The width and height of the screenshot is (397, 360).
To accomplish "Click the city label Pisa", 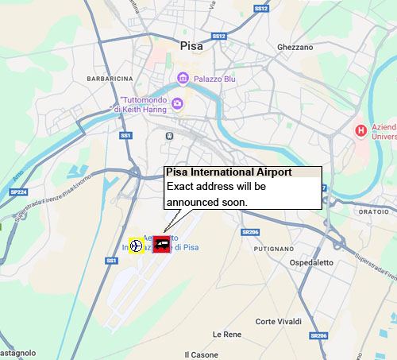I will pos(193,45).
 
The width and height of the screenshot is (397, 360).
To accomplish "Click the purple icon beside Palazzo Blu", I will pos(183,78).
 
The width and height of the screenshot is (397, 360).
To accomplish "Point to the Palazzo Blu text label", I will pos(214,78).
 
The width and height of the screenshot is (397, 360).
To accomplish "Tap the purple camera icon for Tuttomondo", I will pos(177,103).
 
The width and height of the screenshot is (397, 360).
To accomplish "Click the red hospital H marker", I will pos(361,129).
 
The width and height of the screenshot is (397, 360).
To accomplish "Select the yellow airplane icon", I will pos(137,246).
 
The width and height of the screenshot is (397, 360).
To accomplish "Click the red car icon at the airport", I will pos(162,244).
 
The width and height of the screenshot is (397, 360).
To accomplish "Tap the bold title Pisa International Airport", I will pos(228,172).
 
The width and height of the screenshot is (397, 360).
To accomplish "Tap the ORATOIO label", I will pos(372,211).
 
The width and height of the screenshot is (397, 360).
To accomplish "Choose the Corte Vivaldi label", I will pos(278,321).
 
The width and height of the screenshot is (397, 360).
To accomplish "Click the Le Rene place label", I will pos(226,334).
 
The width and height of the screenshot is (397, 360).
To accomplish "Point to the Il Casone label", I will pos(201,354).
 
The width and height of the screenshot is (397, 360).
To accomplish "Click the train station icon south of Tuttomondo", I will pos(170,136).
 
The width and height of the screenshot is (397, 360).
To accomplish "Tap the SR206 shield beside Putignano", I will pos(250,231).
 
